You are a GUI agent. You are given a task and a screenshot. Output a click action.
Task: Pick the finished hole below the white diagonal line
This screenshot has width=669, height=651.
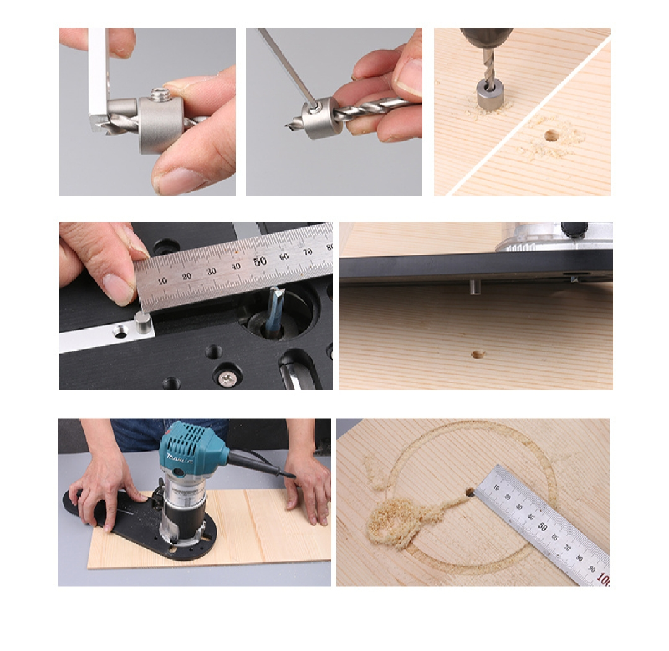tap(549, 135)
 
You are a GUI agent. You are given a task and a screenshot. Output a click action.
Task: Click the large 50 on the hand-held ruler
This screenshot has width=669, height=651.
tap(260, 261)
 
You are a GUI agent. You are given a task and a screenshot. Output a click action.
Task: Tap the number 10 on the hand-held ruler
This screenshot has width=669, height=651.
tap(162, 281)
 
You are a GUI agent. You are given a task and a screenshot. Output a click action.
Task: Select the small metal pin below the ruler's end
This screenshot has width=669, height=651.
tap(143, 323)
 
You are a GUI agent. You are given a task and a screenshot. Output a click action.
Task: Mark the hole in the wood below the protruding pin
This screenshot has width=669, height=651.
tap(478, 354)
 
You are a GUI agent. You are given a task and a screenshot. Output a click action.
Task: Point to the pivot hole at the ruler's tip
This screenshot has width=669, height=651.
tap(470, 492)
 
